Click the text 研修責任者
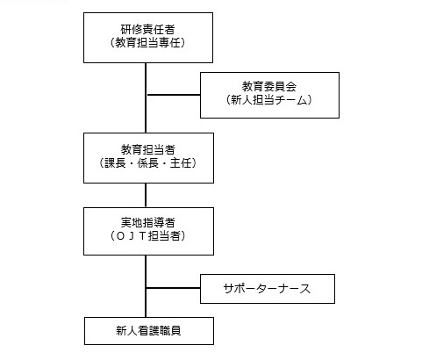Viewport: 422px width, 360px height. point(147,29)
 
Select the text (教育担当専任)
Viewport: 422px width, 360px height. point(147,43)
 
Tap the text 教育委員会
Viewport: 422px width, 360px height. point(269,86)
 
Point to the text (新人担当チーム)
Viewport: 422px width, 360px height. point(269,100)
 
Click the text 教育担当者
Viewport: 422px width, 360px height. point(148,149)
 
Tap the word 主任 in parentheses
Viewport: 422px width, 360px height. point(181,163)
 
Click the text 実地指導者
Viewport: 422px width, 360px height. point(148,222)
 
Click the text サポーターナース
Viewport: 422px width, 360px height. point(267,289)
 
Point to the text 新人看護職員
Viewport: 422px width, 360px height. point(148,331)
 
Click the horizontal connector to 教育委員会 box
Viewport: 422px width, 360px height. point(174,95)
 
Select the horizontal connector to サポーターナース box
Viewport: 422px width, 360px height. point(173,288)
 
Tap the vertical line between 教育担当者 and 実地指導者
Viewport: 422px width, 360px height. point(146,196)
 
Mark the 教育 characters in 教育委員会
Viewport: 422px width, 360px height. point(253,86)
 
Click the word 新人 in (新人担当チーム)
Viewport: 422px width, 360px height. point(242,100)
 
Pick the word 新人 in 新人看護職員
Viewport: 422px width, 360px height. point(126,331)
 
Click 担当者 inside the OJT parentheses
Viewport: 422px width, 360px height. point(164,236)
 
